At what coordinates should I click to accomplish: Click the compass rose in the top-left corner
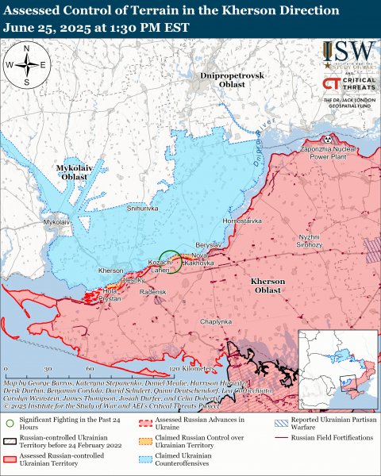coord(27,64)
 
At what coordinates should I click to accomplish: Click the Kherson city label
coord(111,271)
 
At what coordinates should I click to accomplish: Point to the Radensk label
coord(152,292)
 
